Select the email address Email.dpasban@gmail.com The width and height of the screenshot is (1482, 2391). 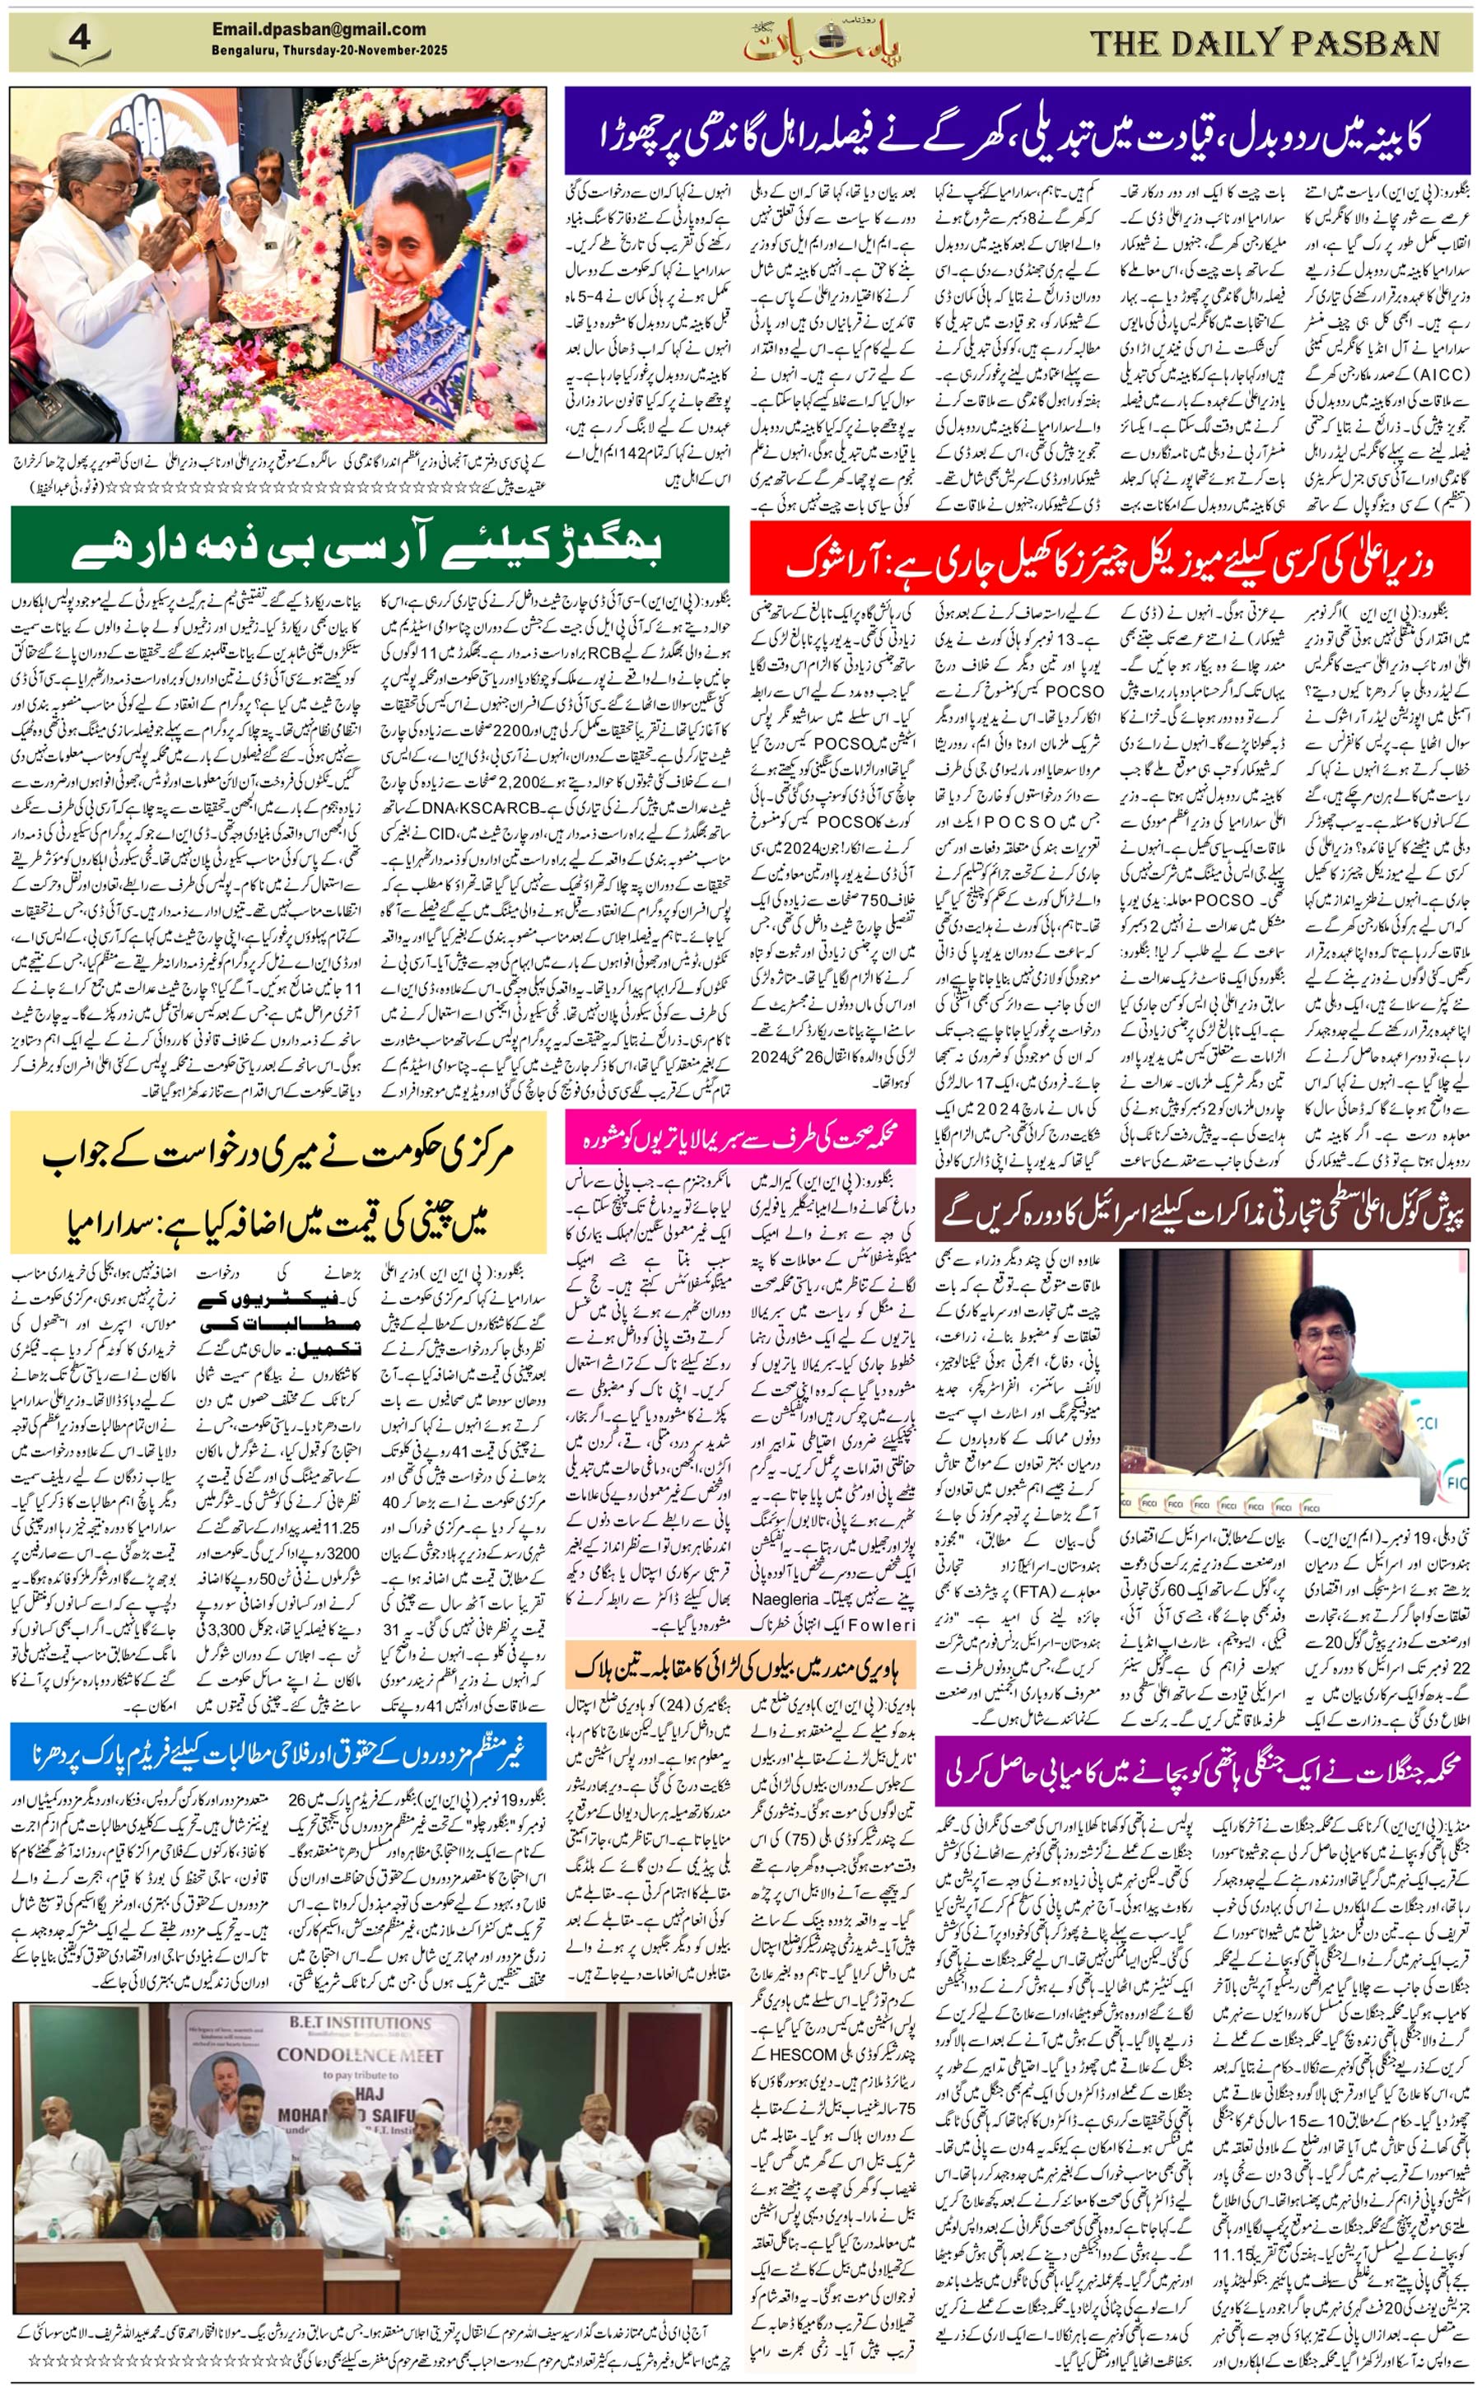pos(319,30)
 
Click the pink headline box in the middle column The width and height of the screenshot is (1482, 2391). pos(740,1137)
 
